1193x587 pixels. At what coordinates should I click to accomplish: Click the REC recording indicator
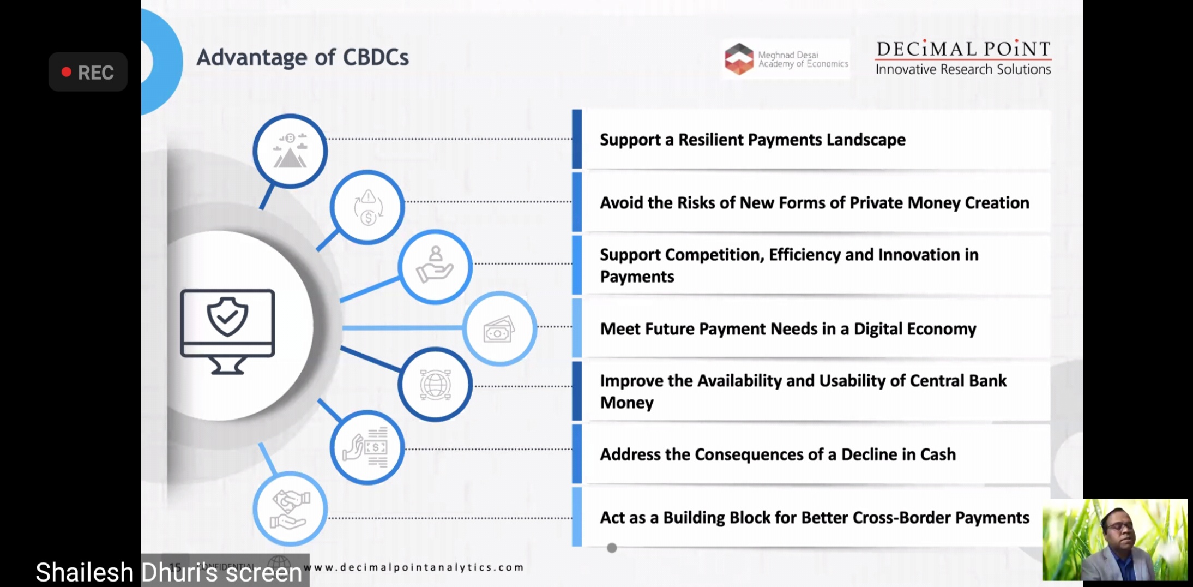[x=88, y=72]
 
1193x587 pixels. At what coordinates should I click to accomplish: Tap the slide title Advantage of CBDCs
[x=302, y=57]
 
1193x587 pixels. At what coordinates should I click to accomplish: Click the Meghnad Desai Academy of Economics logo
[x=785, y=59]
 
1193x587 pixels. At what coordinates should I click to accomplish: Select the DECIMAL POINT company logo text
[x=963, y=49]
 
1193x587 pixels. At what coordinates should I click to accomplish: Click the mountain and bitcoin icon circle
[x=290, y=151]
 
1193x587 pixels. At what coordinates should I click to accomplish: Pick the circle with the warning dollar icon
[x=367, y=207]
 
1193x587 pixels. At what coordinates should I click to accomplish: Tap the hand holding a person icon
[x=435, y=266]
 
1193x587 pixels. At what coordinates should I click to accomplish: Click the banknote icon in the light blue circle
[x=499, y=329]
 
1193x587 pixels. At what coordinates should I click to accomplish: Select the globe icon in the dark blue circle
[x=435, y=385]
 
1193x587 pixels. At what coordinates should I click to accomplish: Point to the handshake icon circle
[x=290, y=509]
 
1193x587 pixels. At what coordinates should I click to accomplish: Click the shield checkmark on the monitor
[x=227, y=316]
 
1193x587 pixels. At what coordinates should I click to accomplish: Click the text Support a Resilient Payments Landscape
[x=752, y=140]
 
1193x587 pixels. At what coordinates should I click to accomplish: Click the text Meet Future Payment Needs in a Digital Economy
[x=788, y=329]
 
